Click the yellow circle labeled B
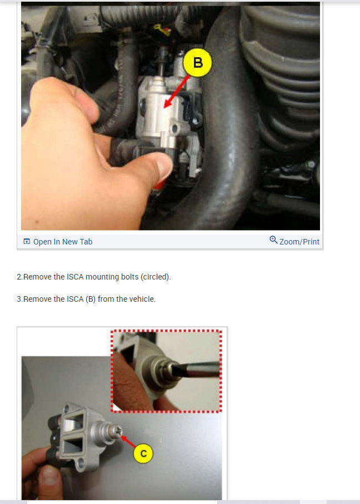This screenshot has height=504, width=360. [x=198, y=63]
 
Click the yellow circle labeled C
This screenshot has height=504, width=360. [x=143, y=453]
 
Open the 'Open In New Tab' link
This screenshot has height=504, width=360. [x=62, y=242]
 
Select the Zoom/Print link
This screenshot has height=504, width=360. [x=299, y=242]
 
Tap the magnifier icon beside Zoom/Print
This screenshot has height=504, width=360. [x=273, y=240]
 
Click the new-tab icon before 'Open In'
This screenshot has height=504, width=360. [x=26, y=242]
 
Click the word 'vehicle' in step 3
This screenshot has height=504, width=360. [x=141, y=299]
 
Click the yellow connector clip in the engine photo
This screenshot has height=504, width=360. [x=162, y=28]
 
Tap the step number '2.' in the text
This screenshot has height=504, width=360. [x=19, y=277]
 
